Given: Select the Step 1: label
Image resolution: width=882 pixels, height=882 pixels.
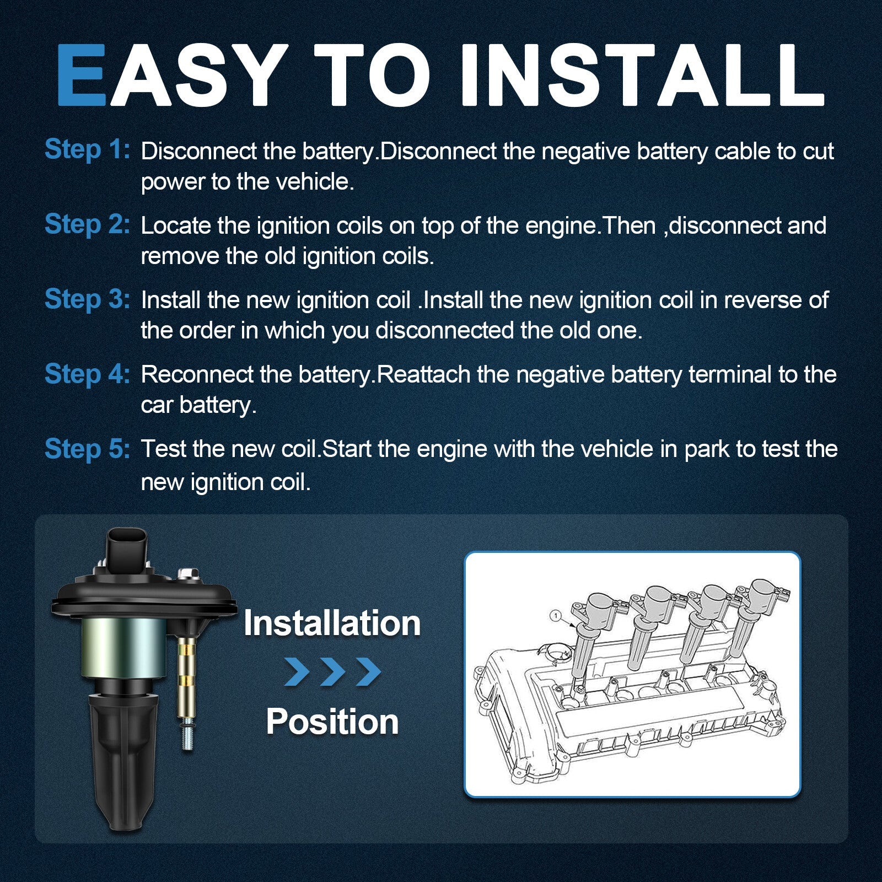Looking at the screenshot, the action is coord(87,149).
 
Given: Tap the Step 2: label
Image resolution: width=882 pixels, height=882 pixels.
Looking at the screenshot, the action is coord(87,224).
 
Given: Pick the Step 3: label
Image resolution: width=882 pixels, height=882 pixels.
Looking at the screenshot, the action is coord(87,299).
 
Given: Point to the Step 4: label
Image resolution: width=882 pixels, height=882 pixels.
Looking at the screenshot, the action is coord(87,374).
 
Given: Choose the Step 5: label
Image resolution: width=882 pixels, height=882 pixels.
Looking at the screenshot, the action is coord(87,449).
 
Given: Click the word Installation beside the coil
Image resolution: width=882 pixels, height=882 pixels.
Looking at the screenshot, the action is coord(332,623).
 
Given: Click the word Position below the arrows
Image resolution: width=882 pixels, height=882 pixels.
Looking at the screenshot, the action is coord(332,722).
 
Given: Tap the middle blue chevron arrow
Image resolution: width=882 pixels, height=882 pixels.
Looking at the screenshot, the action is coord(332,671).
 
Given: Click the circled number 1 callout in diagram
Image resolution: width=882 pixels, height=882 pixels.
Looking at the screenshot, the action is coord(556,615).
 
